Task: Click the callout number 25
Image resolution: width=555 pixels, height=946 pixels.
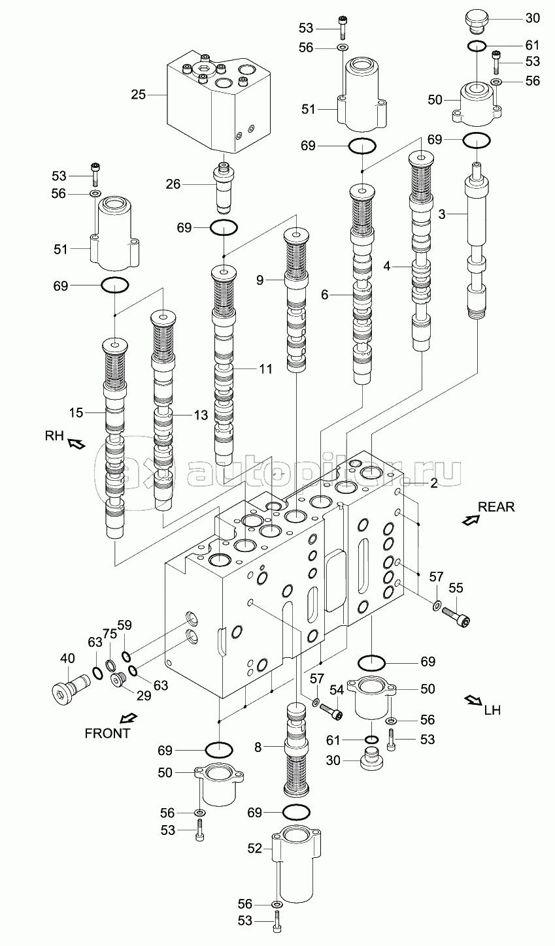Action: click(138, 95)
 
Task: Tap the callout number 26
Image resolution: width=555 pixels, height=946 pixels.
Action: click(173, 184)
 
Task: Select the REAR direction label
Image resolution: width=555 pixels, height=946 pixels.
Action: click(496, 507)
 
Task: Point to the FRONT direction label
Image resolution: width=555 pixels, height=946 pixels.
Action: click(107, 733)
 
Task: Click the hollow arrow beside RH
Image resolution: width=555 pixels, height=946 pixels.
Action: click(76, 444)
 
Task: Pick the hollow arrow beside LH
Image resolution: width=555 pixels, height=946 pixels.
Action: click(473, 700)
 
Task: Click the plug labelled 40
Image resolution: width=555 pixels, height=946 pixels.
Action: click(70, 689)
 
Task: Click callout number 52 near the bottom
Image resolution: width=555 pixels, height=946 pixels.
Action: click(254, 848)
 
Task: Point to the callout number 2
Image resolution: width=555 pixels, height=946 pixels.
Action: click(433, 483)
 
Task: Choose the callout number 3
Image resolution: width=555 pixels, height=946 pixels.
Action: click(442, 214)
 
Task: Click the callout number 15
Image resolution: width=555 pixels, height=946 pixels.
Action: click(76, 413)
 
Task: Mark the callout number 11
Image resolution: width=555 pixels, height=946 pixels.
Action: click(265, 369)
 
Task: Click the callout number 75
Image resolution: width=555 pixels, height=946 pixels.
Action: click(109, 634)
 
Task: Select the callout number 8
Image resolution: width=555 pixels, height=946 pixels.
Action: click(258, 747)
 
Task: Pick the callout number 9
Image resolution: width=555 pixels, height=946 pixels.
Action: click(260, 280)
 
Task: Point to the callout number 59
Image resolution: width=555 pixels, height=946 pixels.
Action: click(125, 625)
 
